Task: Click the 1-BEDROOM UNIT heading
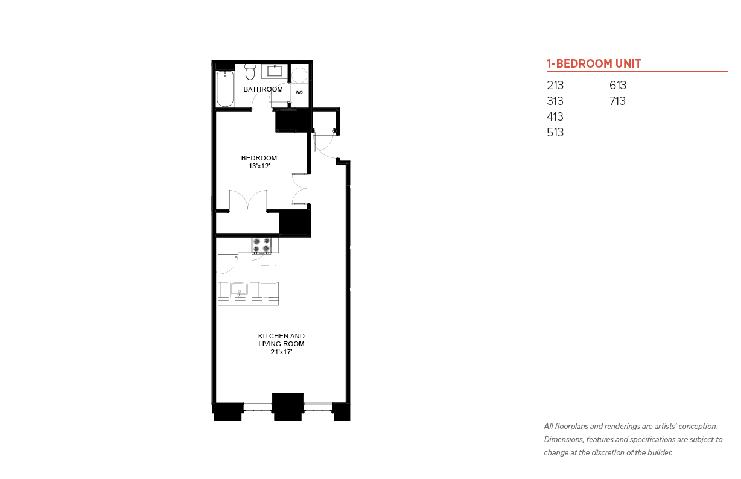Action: click(594, 63)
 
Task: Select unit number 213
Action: click(555, 85)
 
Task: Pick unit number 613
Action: click(618, 85)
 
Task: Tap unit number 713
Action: click(617, 101)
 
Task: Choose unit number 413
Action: click(555, 117)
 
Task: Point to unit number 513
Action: click(555, 132)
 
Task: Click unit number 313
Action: click(555, 101)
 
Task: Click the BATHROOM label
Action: click(263, 89)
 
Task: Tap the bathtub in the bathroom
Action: click(225, 89)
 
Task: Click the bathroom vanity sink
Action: click(275, 71)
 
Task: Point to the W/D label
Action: click(299, 92)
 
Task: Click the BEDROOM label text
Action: click(259, 158)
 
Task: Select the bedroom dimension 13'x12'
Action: click(259, 166)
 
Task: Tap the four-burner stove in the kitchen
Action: click(261, 246)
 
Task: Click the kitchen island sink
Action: click(239, 289)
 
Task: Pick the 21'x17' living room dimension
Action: click(282, 352)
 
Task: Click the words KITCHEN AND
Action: click(282, 336)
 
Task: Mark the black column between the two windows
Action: click(288, 407)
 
